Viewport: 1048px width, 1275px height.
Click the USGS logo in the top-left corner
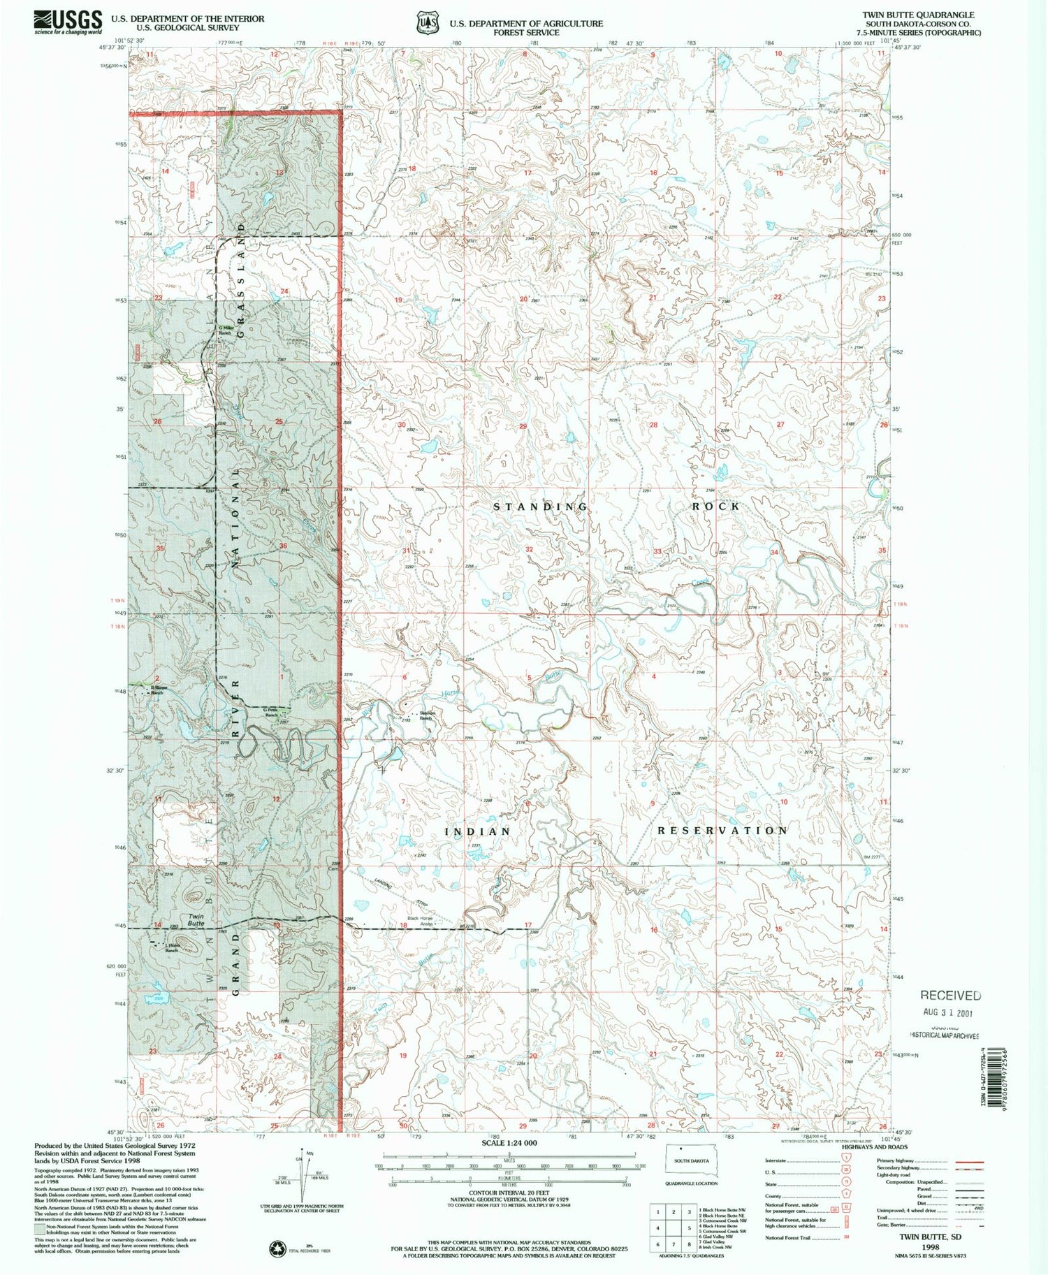click(x=68, y=22)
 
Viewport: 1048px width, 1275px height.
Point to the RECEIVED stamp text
click(x=949, y=995)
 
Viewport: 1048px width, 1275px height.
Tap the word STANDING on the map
click(x=541, y=506)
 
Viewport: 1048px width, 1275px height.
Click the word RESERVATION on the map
click(x=722, y=830)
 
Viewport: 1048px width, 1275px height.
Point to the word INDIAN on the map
click(x=479, y=831)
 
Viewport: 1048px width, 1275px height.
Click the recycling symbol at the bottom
click(x=277, y=1247)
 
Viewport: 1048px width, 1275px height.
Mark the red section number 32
click(x=530, y=550)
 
